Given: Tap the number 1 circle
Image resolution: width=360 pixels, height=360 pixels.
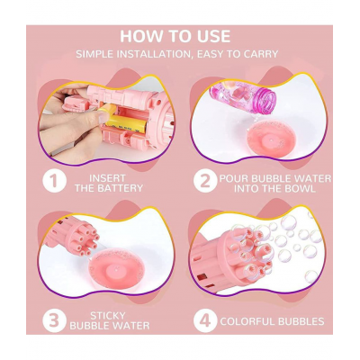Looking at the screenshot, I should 55,181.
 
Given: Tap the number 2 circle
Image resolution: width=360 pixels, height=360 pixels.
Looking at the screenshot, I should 205,181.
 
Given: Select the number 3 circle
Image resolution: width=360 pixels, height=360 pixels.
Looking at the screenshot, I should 55,319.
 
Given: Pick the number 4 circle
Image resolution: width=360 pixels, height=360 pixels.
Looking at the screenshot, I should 205,319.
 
